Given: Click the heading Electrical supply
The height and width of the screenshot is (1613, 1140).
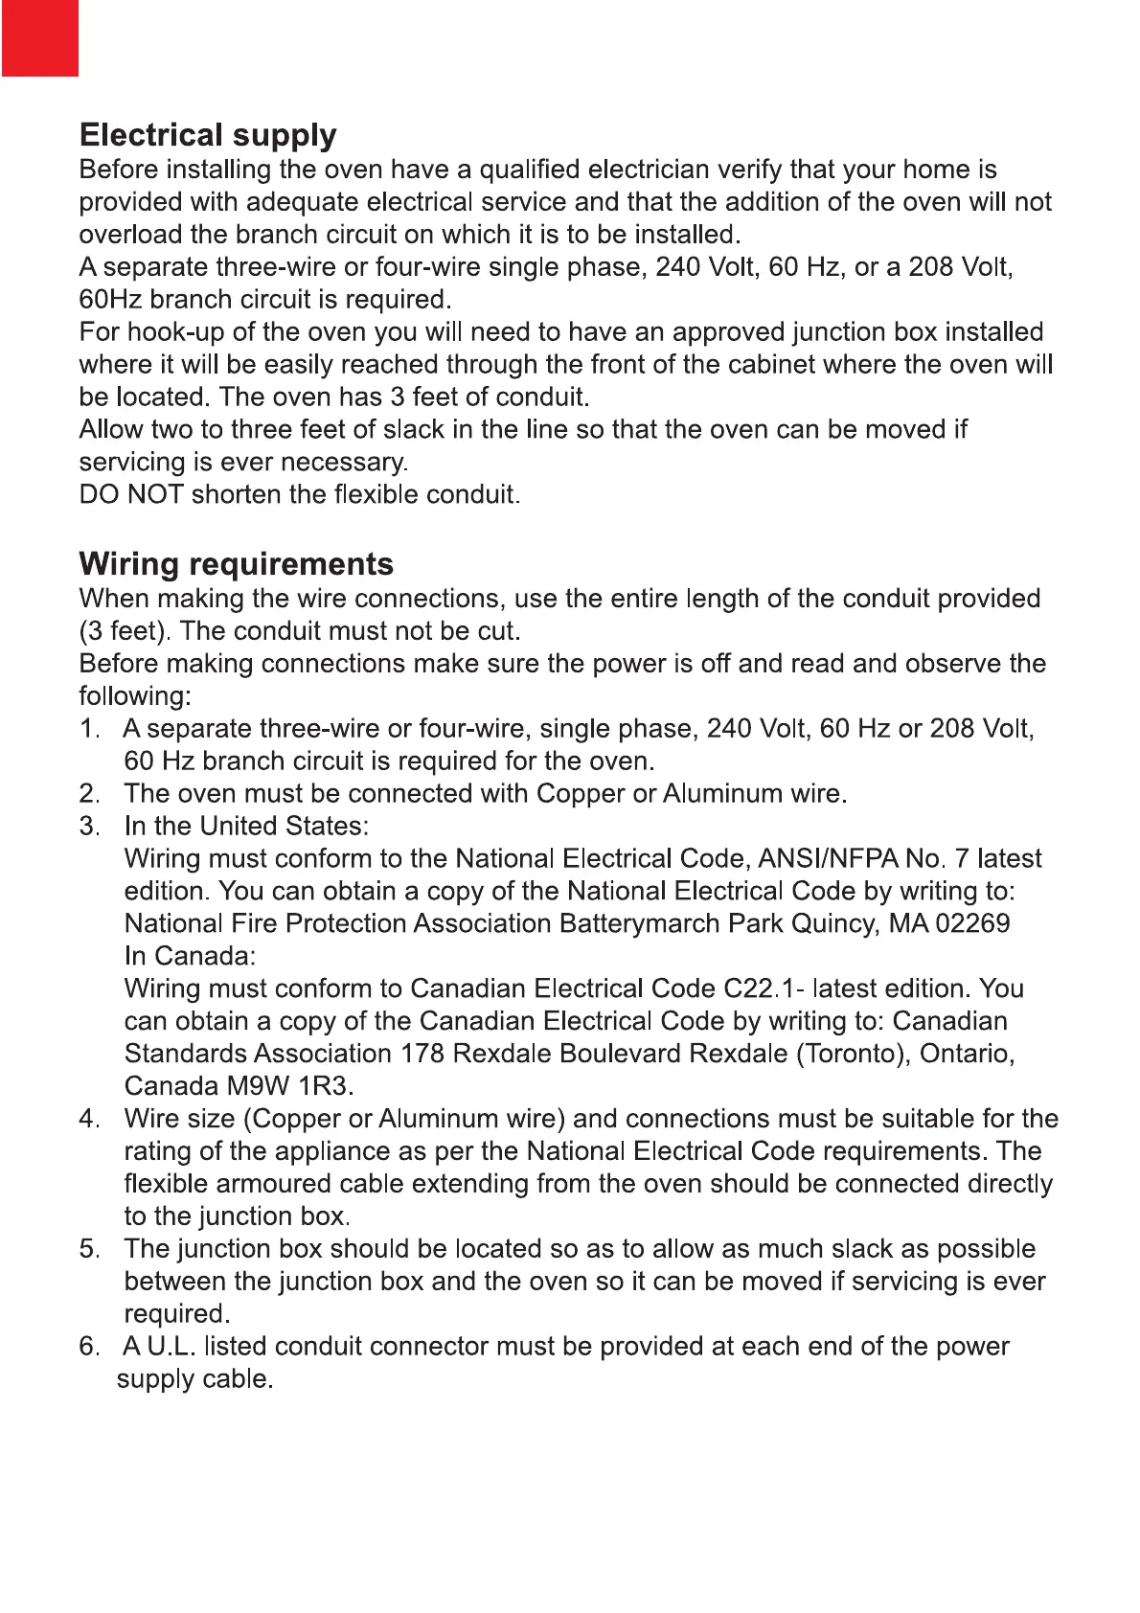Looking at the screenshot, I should point(208,135).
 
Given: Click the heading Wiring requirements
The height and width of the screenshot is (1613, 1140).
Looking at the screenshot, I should point(236,564).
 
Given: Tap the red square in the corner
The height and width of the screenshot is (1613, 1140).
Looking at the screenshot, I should point(39,37).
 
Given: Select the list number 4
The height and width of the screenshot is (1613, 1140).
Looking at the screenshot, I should point(88,1119).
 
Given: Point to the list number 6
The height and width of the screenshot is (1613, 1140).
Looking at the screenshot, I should point(88,1347).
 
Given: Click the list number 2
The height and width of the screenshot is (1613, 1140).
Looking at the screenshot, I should point(88,794).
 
